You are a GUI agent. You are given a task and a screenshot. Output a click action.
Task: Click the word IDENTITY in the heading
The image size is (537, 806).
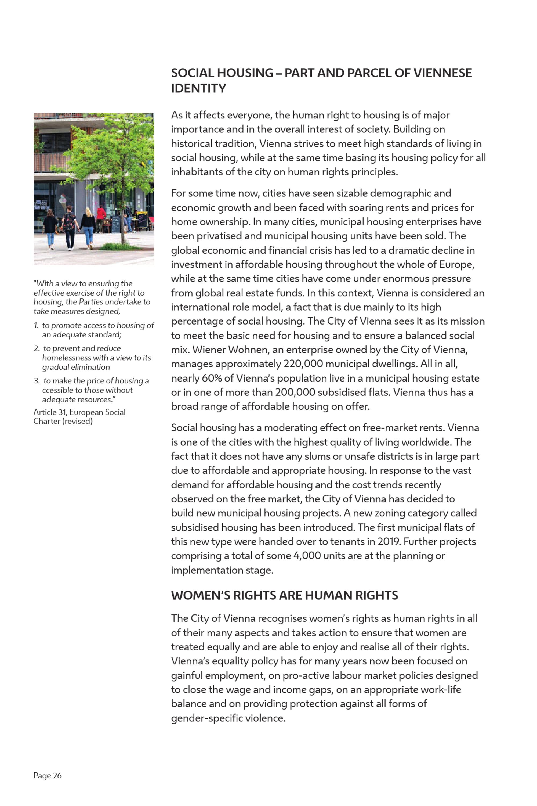[199, 88]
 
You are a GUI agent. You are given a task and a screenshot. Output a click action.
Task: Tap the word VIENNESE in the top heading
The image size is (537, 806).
[442, 73]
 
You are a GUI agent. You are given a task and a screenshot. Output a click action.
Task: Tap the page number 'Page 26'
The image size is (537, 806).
[48, 775]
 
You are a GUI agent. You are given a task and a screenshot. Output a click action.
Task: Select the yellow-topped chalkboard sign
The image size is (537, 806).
[142, 219]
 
